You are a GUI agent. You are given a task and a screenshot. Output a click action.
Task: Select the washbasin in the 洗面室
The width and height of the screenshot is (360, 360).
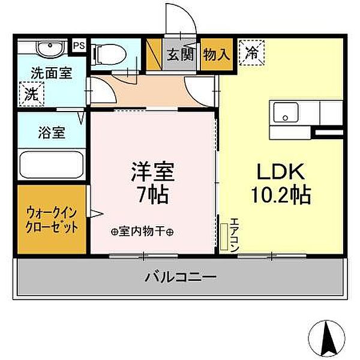[45, 49]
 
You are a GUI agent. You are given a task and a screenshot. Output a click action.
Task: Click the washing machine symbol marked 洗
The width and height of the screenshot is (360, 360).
[30, 94]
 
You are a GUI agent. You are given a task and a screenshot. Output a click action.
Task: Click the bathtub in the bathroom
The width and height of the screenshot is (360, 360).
[50, 163]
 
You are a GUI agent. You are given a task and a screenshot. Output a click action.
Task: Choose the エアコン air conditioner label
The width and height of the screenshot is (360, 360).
[234, 233]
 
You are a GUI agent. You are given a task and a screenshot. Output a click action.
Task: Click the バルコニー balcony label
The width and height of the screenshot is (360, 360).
[181, 277]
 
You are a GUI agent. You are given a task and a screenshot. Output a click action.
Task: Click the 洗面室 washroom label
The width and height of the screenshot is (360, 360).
[52, 74]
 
